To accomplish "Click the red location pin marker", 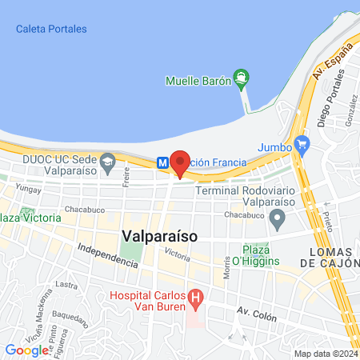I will coord(180,162).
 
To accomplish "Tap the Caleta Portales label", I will coord(50,30).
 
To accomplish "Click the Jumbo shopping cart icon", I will coord(302,145).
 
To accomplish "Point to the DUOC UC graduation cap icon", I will coord(106,164).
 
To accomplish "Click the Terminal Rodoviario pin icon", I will coord(278,217).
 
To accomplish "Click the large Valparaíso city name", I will coord(161,236).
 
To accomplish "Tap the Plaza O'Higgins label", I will coord(256,254).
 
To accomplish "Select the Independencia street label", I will coord(107,255).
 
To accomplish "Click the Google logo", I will coord(26,350).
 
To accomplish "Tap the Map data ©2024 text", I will coord(325,354).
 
